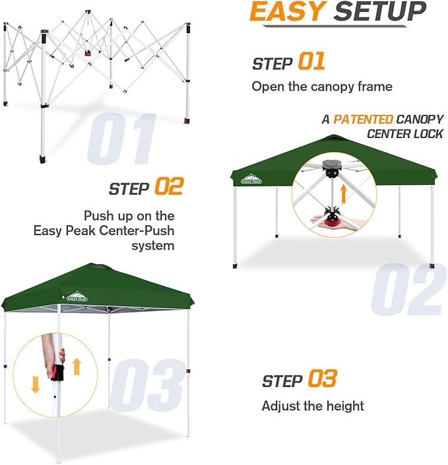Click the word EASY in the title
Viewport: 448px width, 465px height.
pyautogui.click(x=288, y=12)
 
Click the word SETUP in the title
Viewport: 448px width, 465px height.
pyautogui.click(x=379, y=12)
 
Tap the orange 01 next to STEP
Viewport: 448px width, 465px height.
pyautogui.click(x=311, y=61)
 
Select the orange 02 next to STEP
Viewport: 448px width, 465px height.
pyautogui.click(x=168, y=187)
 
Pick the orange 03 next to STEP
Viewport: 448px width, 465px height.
pyautogui.click(x=321, y=379)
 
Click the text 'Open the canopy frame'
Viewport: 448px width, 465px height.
pyautogui.click(x=322, y=87)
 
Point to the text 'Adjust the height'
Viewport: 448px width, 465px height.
pyautogui.click(x=313, y=406)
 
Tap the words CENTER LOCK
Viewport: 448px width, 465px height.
pyautogui.click(x=405, y=134)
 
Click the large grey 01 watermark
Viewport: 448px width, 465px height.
pyautogui.click(x=122, y=139)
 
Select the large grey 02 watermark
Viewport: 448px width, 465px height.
pyautogui.click(x=406, y=290)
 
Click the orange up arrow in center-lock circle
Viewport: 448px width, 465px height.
pyautogui.click(x=342, y=193)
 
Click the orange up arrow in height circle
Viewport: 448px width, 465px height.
pyautogui.click(x=77, y=366)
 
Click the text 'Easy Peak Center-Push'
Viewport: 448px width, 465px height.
pyautogui.click(x=104, y=231)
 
